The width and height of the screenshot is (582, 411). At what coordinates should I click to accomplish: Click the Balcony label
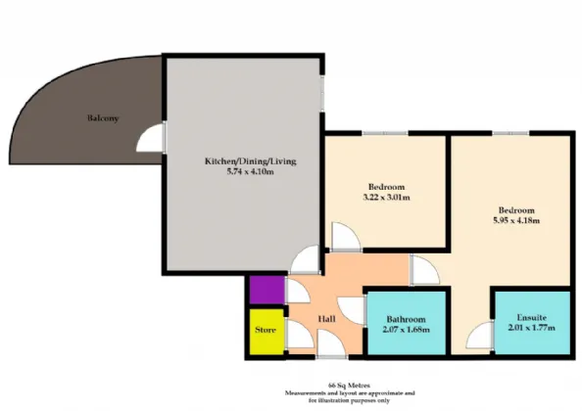coord(103,118)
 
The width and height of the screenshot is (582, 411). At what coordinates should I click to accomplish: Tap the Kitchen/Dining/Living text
coord(251,161)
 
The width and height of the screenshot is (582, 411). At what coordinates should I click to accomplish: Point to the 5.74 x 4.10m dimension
coord(251,171)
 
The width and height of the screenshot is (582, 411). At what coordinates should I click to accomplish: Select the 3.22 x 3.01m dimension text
coord(386,197)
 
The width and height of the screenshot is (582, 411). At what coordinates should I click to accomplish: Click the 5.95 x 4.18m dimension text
coord(516,220)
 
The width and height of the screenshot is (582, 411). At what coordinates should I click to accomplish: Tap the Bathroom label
coord(406,319)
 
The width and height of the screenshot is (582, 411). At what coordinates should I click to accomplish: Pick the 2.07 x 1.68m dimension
coord(406,329)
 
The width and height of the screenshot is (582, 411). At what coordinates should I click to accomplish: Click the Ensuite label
coord(532,318)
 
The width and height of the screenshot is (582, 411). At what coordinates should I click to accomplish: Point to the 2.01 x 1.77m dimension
coord(532,328)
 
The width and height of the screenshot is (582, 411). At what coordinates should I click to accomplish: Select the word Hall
coord(327,319)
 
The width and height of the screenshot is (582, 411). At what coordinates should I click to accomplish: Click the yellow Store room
coord(267,332)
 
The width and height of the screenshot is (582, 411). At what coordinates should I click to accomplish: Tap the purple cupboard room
coord(267,290)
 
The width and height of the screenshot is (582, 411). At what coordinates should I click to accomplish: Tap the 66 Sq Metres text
coord(349,386)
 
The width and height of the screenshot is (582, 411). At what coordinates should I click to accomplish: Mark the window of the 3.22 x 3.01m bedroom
coord(385,133)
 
